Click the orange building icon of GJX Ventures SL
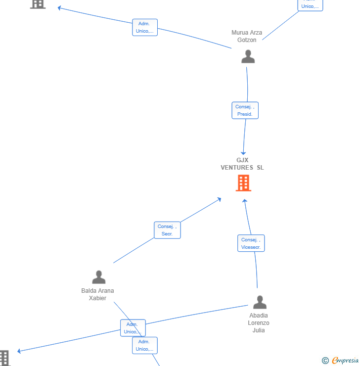pyautogui.click(x=243, y=183)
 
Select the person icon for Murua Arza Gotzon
pyautogui.click(x=248, y=56)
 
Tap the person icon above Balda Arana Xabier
pyautogui.click(x=99, y=277)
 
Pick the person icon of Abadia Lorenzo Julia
pyautogui.click(x=260, y=302)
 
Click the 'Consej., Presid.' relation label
pyautogui.click(x=245, y=110)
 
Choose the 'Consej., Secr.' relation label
pyautogui.click(x=167, y=230)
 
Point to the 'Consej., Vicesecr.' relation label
pyautogui.click(x=251, y=243)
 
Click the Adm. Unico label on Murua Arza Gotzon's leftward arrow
pyautogui.click(x=144, y=27)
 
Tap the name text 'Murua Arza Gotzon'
pyautogui.click(x=247, y=36)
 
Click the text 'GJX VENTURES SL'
pyautogui.click(x=242, y=164)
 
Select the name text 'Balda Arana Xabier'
pyautogui.click(x=97, y=294)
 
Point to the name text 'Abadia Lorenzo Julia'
pyautogui.click(x=259, y=322)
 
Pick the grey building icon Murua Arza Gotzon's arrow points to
pyautogui.click(x=38, y=3)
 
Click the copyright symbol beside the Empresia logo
pyautogui.click(x=325, y=361)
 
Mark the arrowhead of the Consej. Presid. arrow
pyautogui.click(x=243, y=153)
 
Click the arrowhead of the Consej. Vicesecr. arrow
pyautogui.click(x=244, y=201)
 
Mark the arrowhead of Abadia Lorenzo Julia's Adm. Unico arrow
pyautogui.click(x=19, y=351)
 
